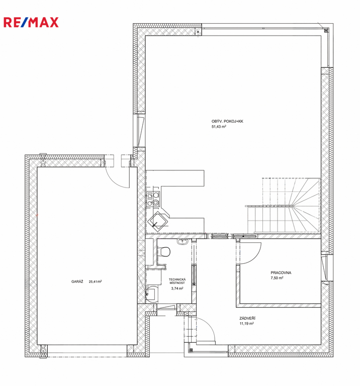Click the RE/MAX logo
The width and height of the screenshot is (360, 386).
click(31, 22)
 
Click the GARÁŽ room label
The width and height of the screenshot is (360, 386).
click(77, 281)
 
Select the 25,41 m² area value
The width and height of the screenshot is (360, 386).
click(96, 281)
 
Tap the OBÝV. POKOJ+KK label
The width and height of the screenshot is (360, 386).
click(227, 121)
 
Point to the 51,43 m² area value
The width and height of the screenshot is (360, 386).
click(219, 127)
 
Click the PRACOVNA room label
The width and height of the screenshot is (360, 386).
click(281, 273)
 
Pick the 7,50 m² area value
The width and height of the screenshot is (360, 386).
click(277, 278)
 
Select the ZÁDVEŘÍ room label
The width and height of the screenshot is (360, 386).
click(247, 318)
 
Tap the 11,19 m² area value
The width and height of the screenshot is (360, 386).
click(247, 324)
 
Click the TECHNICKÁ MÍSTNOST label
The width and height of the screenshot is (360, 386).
click(177, 281)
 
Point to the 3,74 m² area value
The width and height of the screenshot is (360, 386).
click(177, 288)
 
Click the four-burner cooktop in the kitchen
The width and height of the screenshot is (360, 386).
click(153, 199)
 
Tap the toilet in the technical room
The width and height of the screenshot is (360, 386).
click(164, 252)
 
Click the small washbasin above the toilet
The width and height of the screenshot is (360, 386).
click(183, 241)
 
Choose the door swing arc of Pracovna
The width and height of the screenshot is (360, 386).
click(255, 256)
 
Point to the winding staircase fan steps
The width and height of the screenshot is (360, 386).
click(305, 205)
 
